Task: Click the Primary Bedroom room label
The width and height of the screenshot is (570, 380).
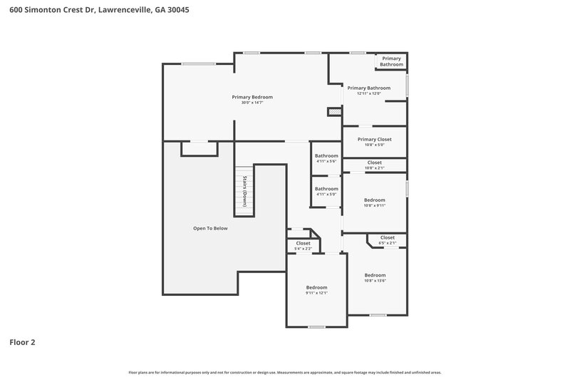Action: (x=252, y=97)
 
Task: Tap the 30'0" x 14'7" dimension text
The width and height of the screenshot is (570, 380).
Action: (x=252, y=103)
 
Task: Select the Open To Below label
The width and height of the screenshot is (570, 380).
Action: (x=210, y=228)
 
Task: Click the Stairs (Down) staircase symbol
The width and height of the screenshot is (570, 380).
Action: (x=244, y=191)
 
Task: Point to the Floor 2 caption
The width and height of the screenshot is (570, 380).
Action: (x=22, y=342)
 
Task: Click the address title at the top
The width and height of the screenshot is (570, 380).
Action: (x=99, y=11)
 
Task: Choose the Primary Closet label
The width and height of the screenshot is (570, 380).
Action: (x=374, y=140)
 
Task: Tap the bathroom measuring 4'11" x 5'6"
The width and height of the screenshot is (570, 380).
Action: (x=326, y=158)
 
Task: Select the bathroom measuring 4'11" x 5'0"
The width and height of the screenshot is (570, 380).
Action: (x=326, y=191)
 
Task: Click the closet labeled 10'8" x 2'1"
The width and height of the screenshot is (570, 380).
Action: (x=374, y=165)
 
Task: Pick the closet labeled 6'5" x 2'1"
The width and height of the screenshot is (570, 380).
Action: (x=387, y=240)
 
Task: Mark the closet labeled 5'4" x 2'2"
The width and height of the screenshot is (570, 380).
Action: (x=303, y=245)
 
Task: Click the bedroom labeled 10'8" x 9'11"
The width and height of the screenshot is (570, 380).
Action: (x=374, y=202)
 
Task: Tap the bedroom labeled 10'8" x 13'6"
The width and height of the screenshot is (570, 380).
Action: (x=375, y=277)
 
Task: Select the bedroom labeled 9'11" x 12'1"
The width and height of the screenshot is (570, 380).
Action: (x=316, y=289)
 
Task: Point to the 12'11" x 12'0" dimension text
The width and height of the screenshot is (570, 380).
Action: (x=368, y=93)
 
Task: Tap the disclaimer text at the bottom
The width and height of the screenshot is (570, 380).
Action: (x=284, y=372)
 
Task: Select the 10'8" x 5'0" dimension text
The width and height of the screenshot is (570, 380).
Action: (x=374, y=145)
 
